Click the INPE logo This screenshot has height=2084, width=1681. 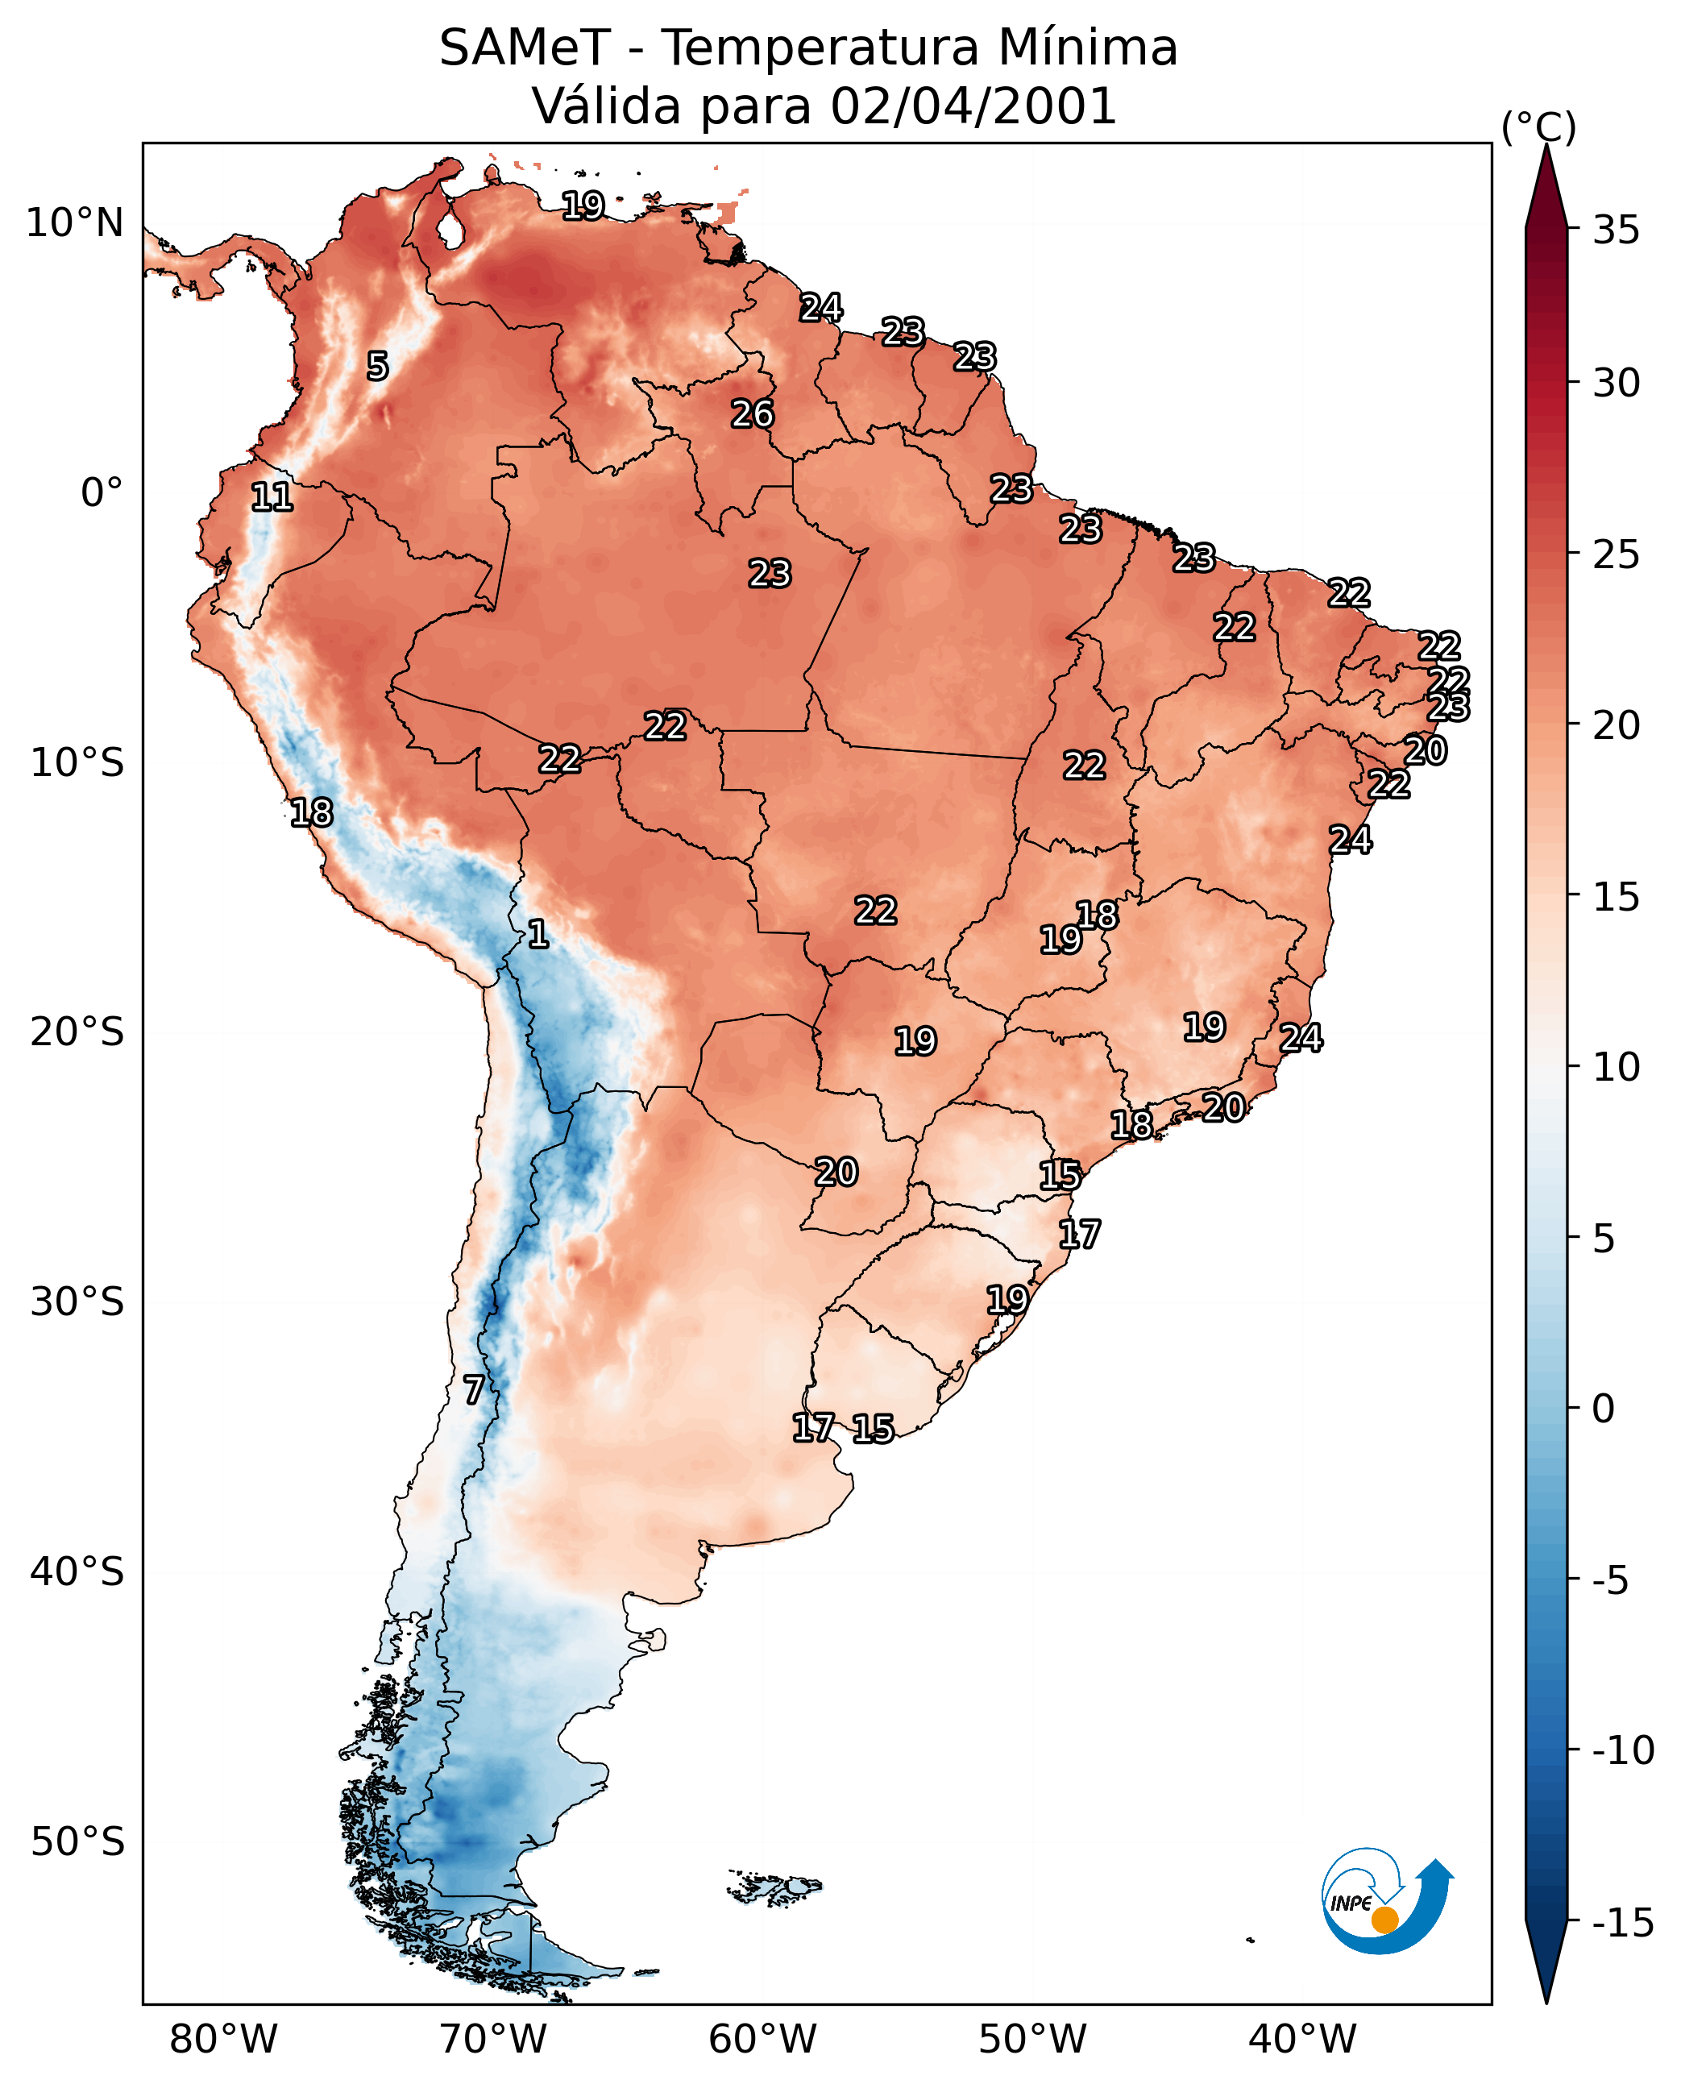click(x=1387, y=1903)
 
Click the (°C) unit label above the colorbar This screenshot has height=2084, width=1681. click(x=1538, y=127)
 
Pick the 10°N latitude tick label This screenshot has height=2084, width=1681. click(x=75, y=224)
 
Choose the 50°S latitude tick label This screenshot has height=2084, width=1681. click(x=77, y=1842)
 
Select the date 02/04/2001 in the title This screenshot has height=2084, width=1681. click(x=974, y=106)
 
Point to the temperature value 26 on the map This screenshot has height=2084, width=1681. click(x=753, y=414)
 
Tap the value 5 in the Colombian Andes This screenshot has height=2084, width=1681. click(x=378, y=366)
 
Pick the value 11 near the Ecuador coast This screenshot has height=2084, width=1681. click(x=272, y=498)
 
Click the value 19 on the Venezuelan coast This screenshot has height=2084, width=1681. click(x=584, y=205)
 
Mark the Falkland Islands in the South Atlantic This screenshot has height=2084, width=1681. click(x=774, y=1887)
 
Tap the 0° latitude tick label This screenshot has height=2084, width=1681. click(x=102, y=493)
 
